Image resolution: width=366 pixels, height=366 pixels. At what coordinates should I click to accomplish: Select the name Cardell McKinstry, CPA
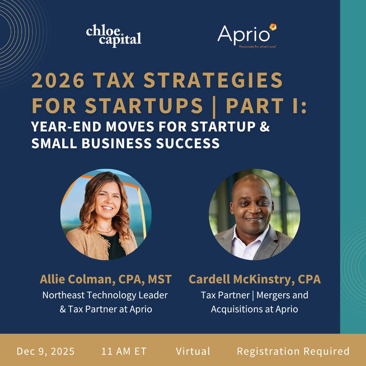coord(254,279)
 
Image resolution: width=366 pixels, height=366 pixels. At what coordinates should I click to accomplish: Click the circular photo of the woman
coord(106,215)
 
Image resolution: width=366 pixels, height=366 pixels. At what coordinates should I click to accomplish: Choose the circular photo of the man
coord(254,215)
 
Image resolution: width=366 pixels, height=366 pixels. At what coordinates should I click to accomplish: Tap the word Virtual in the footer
coord(193,351)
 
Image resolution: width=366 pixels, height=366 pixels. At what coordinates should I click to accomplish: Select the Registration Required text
coord(293,351)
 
